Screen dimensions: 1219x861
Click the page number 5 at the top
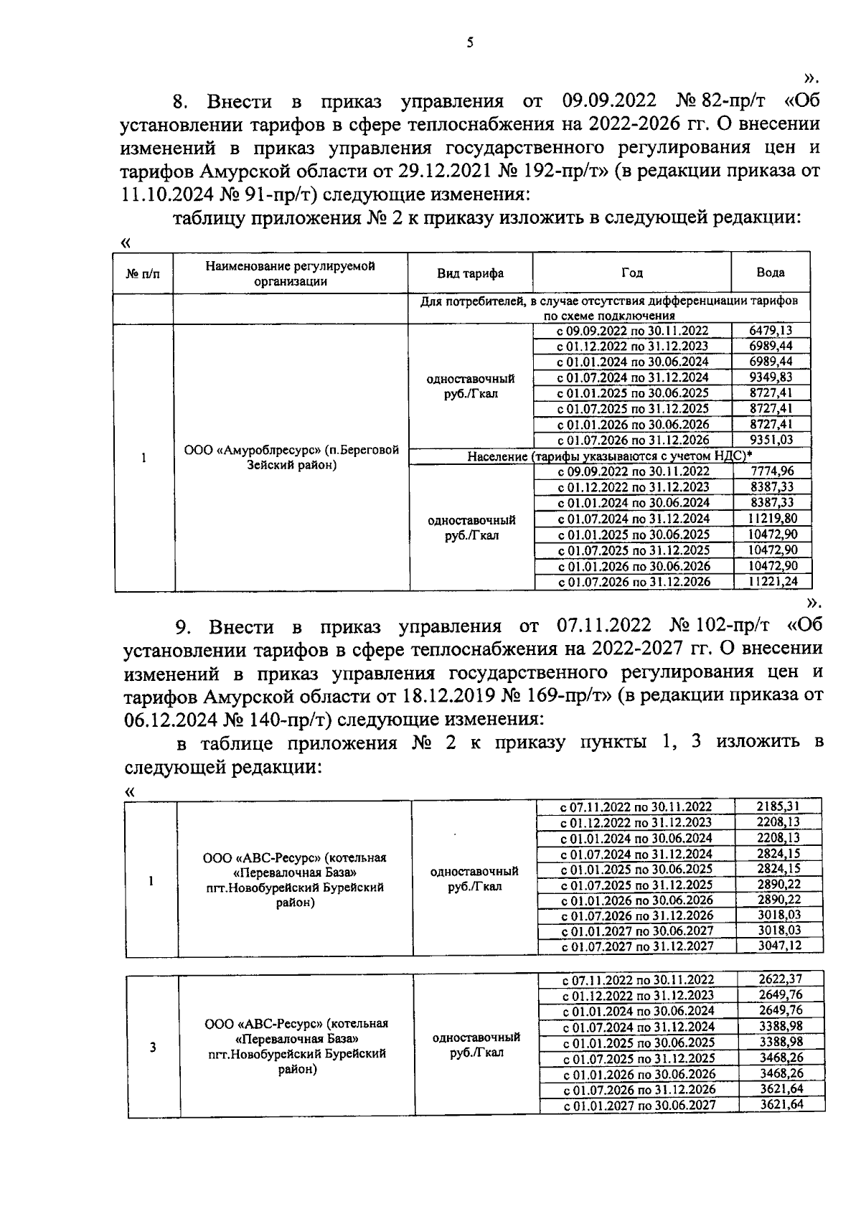(x=469, y=42)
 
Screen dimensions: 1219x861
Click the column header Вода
(x=771, y=273)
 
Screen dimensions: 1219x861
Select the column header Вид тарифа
(x=470, y=273)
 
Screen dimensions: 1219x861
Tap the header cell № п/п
(x=143, y=273)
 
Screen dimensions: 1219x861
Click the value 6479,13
(x=771, y=330)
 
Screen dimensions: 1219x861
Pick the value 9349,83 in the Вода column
(x=771, y=377)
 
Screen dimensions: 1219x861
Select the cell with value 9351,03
(x=771, y=440)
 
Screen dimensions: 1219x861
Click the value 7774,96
(x=771, y=471)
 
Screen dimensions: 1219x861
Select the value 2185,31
(x=778, y=806)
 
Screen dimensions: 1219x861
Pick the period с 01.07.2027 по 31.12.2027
(x=637, y=946)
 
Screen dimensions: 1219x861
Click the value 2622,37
(x=781, y=979)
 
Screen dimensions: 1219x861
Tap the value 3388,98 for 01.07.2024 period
(x=781, y=1026)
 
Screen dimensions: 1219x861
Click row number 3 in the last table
(x=153, y=1047)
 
